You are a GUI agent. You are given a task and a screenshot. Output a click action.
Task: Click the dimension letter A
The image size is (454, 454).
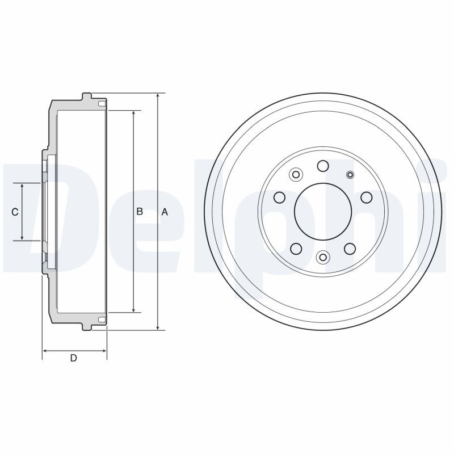click(x=165, y=212)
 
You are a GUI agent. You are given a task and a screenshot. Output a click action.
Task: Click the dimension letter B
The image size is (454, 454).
click(x=140, y=212)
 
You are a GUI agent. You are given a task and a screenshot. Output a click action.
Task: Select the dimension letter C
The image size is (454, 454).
click(x=15, y=212)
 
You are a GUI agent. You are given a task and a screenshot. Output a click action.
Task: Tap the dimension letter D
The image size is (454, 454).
click(x=74, y=358)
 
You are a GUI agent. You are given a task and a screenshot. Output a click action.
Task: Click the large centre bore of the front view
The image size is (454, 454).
click(x=323, y=212)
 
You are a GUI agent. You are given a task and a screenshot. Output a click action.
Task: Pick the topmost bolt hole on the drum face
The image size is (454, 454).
click(x=323, y=166)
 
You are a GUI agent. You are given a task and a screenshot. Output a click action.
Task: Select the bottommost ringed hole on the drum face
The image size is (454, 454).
click(x=323, y=257)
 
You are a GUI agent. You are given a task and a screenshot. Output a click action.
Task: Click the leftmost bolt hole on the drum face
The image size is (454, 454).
click(x=280, y=197)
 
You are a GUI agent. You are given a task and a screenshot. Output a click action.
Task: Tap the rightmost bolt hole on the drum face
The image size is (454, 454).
click(x=367, y=197)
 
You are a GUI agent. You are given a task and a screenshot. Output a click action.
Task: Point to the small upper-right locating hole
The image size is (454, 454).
click(x=350, y=175)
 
